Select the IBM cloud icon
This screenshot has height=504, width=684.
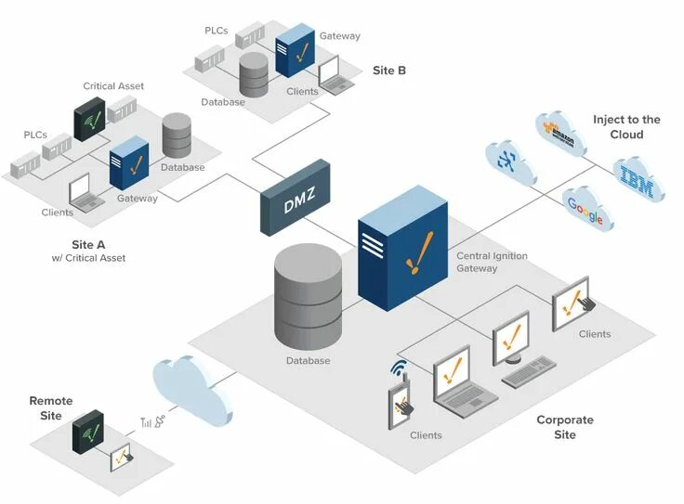pyautogui.click(x=638, y=179)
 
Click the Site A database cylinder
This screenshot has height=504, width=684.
pyautogui.click(x=177, y=136)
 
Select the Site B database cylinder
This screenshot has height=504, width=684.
pyautogui.click(x=254, y=74)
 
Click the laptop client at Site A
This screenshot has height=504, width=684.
pyautogui.click(x=84, y=192)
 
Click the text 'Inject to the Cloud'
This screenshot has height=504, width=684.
pyautogui.click(x=626, y=126)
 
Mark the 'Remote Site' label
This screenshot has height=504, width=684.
pyautogui.click(x=50, y=408)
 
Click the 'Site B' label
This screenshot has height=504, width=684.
pyautogui.click(x=388, y=70)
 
